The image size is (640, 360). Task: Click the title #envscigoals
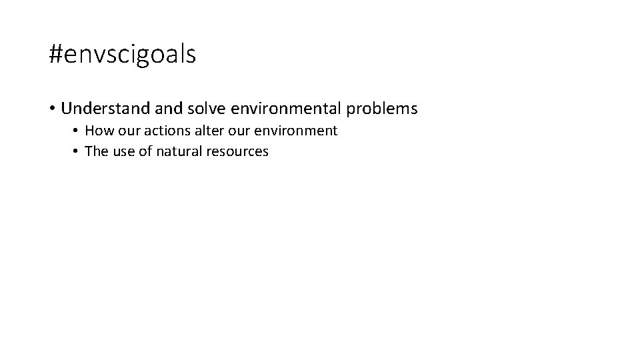[123, 55]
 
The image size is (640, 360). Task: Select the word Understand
[103, 108]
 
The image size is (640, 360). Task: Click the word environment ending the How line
[299, 131]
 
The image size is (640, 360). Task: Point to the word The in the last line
[97, 151]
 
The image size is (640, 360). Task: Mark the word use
[124, 151]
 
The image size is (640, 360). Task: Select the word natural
[180, 151]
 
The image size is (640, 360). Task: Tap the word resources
[238, 151]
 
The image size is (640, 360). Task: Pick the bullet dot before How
[77, 131]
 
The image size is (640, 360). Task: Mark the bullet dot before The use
[77, 151]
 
